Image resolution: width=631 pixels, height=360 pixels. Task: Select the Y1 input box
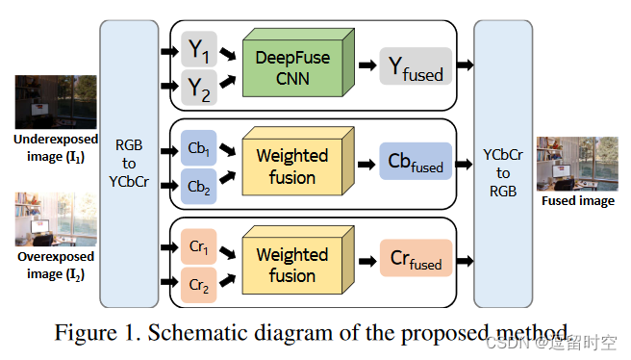[198, 47]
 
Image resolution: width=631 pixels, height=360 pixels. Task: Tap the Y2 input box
[198, 89]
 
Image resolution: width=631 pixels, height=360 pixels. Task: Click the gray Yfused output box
[415, 65]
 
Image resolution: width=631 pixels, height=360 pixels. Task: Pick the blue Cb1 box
[198, 150]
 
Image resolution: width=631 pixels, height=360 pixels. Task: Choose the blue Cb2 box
[198, 185]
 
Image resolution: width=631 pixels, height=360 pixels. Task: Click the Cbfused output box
[415, 161]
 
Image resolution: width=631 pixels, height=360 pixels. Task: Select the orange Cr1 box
[198, 246]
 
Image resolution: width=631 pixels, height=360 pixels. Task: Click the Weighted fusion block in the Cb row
[292, 167]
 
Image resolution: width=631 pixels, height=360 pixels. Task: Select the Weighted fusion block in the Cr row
[292, 265]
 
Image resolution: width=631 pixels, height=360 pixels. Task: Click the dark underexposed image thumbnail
[56, 102]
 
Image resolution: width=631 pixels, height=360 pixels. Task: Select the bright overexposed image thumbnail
[56, 219]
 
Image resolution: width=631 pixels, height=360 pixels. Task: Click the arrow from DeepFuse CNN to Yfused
[366, 65]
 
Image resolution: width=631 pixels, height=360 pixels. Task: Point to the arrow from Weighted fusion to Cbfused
[366, 162]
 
